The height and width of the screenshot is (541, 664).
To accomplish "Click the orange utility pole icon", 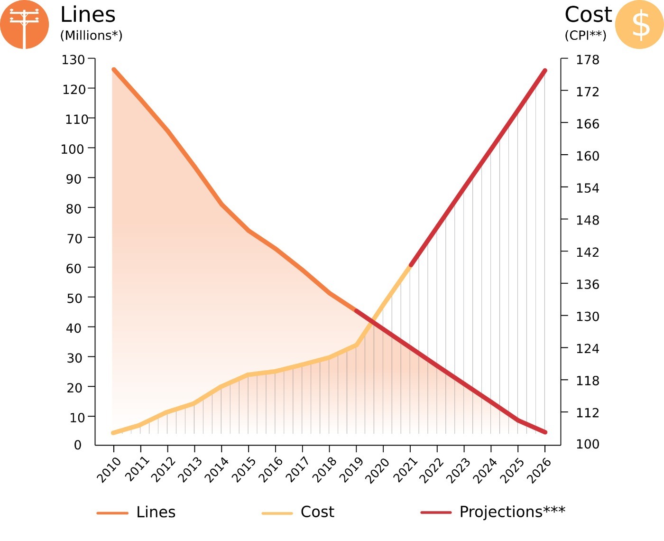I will coord(24,25).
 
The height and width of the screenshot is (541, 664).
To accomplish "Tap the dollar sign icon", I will coord(640,25).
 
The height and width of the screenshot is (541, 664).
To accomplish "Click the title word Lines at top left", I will coord(88,15).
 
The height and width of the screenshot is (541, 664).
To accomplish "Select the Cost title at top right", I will coord(588,15).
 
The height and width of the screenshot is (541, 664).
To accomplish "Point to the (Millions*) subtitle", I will coord(91,36).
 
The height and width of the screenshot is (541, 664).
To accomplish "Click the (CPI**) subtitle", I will coord(585,36).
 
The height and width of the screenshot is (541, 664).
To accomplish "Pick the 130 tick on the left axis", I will coord(73,60).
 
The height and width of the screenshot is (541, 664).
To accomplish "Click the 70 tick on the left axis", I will coord(74,238).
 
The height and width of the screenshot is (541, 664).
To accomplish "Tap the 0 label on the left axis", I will coord(78,445).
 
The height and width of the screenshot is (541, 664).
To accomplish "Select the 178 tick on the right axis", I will coord(588,60).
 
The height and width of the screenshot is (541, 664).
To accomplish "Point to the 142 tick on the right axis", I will coord(588,252).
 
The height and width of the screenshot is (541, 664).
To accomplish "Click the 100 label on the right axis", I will coord(588,444).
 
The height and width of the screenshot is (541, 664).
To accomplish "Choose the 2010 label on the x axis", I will coord(109,470).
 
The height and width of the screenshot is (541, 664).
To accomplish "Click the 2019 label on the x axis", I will coord(352,470).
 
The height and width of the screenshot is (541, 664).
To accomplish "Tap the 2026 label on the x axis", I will coord(540,470).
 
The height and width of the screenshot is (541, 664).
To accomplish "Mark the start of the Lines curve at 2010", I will coord(114,70).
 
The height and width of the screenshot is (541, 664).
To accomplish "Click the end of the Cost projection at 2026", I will coord(545,71).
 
